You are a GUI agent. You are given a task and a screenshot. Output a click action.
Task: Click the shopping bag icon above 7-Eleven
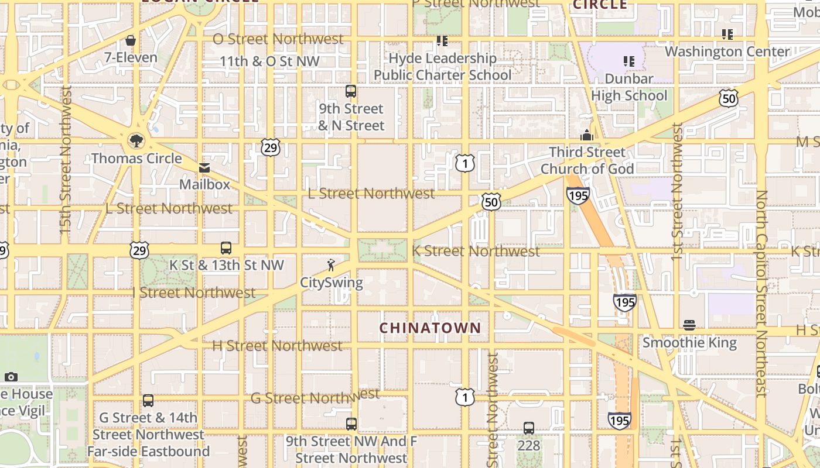tap(131, 40)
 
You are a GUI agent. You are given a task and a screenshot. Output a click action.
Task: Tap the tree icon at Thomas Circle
tap(136, 140)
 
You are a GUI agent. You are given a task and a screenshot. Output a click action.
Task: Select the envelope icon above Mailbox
tap(204, 168)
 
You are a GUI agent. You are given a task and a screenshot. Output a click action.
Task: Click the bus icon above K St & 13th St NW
tap(226, 248)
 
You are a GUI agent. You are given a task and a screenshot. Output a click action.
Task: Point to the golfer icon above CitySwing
tap(331, 266)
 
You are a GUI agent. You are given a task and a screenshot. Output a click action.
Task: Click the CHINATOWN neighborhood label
tap(430, 328)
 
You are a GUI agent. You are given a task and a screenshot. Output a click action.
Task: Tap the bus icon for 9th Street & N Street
tap(351, 91)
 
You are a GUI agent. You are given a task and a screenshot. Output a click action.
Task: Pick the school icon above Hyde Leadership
tap(442, 41)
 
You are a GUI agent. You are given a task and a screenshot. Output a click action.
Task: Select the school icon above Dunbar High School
tap(629, 61)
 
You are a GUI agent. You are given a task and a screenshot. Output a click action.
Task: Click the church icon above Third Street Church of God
tap(587, 136)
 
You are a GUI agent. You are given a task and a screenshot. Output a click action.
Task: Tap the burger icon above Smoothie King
tap(689, 325)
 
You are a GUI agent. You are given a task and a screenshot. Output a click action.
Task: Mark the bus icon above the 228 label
tap(529, 428)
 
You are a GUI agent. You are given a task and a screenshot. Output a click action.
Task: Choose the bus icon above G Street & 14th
tap(148, 401)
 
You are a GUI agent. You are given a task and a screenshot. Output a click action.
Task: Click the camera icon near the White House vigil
tap(11, 377)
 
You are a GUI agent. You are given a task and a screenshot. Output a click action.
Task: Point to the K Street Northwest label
tap(476, 251)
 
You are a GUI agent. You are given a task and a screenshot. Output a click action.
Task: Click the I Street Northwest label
tap(194, 292)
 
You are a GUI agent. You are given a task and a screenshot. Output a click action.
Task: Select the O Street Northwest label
tap(278, 39)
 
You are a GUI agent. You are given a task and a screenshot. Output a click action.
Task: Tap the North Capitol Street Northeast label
tap(761, 292)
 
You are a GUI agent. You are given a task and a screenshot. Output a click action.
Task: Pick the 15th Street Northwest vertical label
tap(65, 161)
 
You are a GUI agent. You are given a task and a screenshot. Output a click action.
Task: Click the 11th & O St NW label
tap(269, 61)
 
